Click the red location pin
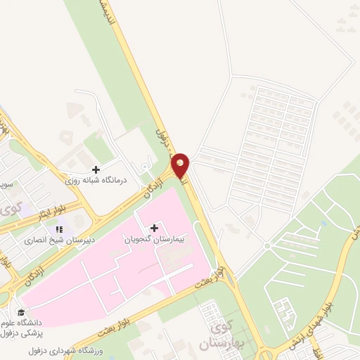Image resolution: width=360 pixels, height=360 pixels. [x=181, y=165]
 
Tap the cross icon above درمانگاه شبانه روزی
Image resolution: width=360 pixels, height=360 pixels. [x=96, y=169]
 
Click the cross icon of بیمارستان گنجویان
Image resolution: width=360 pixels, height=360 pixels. [x=154, y=228]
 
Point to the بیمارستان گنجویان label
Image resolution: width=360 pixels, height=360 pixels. [x=148, y=239]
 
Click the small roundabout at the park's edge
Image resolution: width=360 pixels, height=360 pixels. [x=267, y=245]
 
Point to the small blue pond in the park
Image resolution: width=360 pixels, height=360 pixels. [x=323, y=224]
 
